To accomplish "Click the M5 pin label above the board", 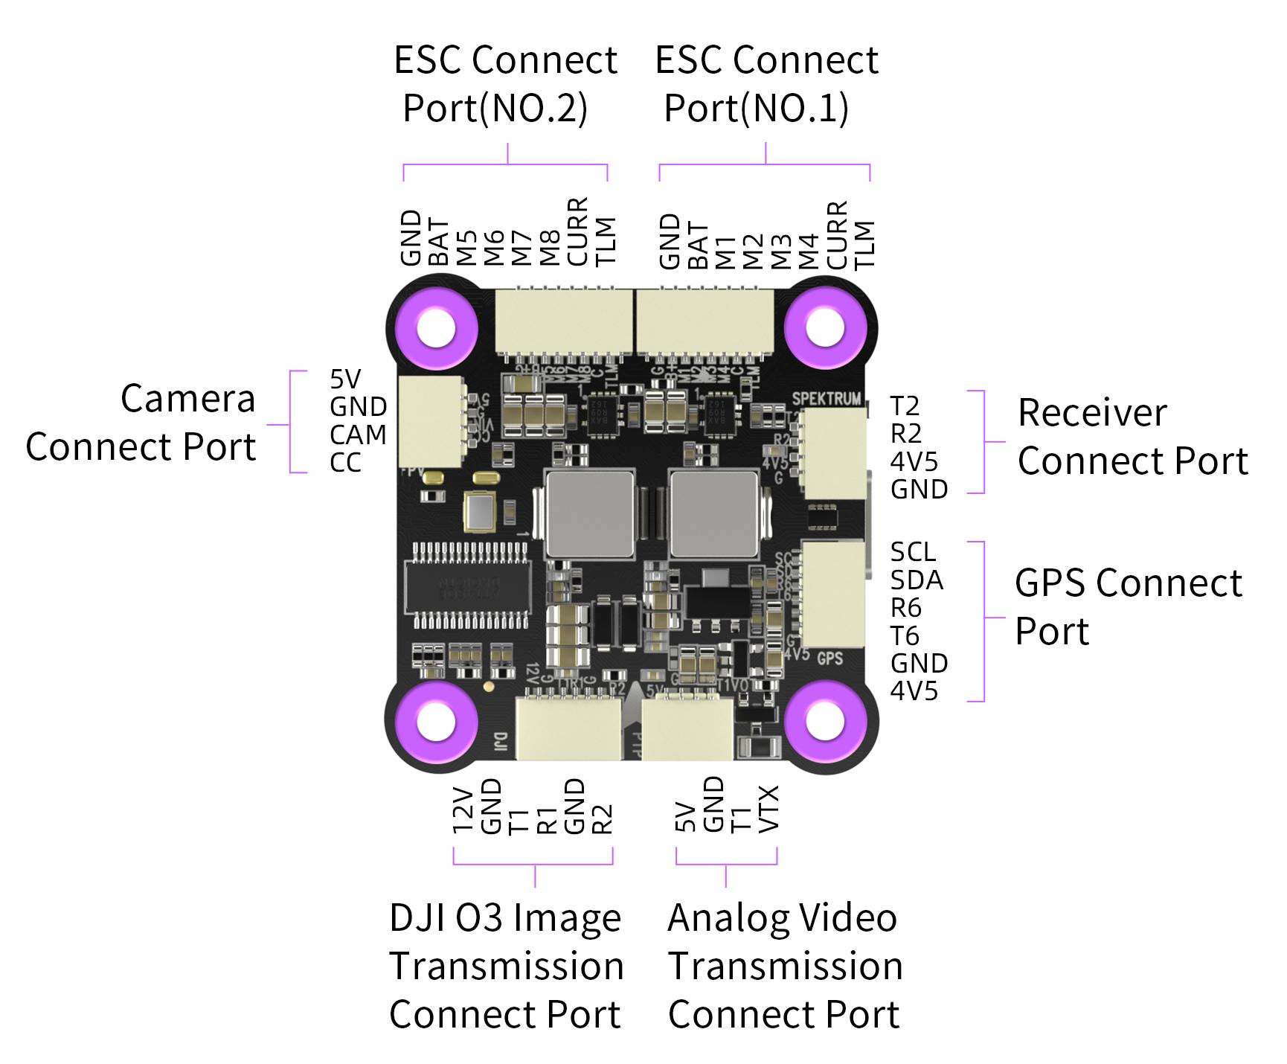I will [466, 248].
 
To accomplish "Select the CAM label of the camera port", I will [358, 435].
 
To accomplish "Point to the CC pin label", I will [345, 463].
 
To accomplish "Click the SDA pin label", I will [917, 580].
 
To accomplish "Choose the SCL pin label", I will [913, 552].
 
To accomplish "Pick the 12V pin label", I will [463, 810].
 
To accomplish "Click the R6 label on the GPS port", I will [906, 609].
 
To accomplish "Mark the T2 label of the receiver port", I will [905, 406].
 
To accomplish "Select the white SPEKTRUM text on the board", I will [826, 399].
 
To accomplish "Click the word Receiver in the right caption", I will [1092, 413].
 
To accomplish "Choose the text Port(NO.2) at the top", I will [495, 109].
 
